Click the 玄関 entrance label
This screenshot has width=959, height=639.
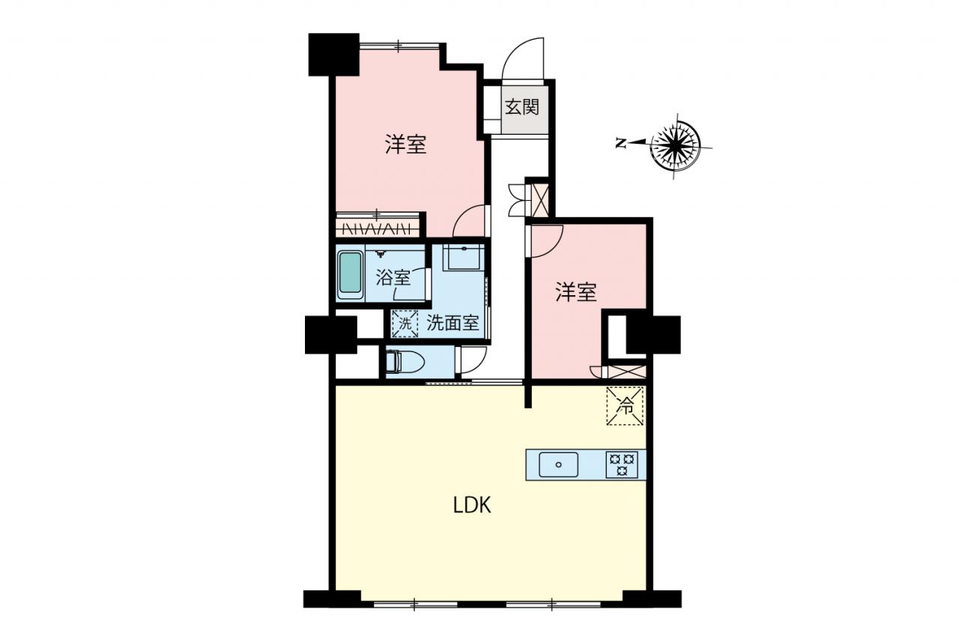[521, 107]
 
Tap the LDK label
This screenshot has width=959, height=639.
[472, 505]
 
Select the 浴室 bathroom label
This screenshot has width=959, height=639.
[393, 277]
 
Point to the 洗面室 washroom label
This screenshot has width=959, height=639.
[453, 323]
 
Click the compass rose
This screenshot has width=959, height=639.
[675, 146]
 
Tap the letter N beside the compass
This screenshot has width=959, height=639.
[620, 143]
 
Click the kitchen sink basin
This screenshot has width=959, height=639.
[558, 464]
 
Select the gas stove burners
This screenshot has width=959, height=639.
[622, 464]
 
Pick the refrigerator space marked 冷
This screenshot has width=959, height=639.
[625, 406]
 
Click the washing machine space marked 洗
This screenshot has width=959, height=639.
[405, 324]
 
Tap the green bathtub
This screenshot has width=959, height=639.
[350, 275]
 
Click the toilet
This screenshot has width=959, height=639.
[405, 362]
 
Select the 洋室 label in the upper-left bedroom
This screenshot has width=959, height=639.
[405, 144]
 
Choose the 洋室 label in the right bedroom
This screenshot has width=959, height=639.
[576, 292]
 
